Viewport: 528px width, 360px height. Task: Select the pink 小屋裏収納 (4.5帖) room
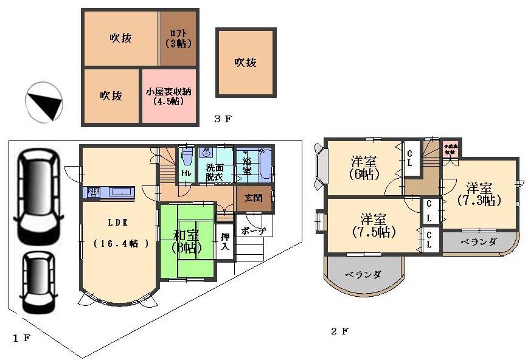168,97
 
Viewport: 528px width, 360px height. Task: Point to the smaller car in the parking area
36,280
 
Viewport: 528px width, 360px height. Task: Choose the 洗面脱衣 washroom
214,170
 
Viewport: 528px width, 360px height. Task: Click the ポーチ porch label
253,231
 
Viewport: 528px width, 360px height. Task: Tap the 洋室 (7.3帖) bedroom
481,193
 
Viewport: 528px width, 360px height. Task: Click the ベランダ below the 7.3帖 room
478,241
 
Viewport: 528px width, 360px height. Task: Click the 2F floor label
339,331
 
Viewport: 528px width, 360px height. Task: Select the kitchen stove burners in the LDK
94,192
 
